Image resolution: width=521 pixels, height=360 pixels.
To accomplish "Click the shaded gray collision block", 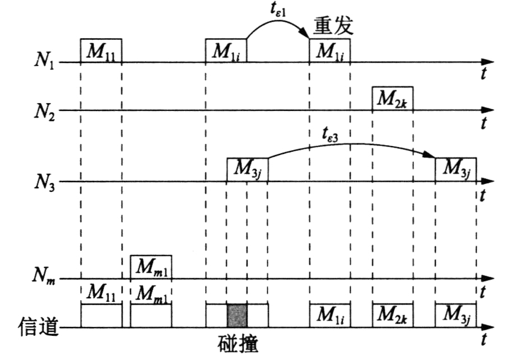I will pos(236,316).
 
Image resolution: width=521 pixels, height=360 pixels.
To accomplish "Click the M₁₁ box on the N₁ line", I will pos(101,51).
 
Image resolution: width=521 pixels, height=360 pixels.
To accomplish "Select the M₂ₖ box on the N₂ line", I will pos(393,99).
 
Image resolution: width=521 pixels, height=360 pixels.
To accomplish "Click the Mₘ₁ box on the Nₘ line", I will pos(151,267).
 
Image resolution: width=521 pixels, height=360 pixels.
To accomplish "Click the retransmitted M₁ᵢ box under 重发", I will pos(331,51).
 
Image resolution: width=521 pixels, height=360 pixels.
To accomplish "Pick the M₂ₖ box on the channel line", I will pos(393,316).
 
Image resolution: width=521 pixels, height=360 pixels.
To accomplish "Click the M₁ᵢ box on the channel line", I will pos(331,316).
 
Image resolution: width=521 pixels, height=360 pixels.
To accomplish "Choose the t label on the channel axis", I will pos(483,340).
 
